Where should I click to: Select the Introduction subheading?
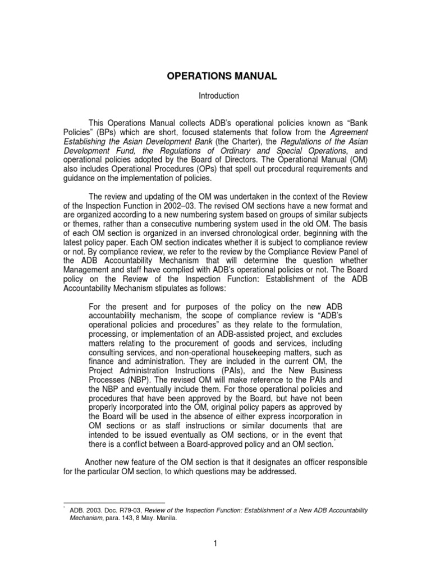(219, 96)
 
